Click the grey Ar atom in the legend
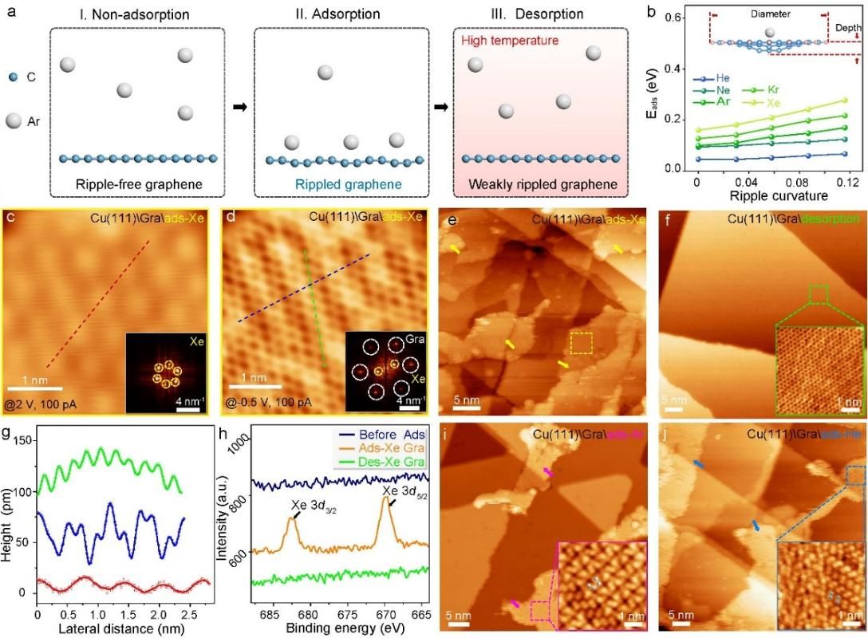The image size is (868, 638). tap(14, 121)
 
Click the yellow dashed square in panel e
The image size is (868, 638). tap(582, 343)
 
